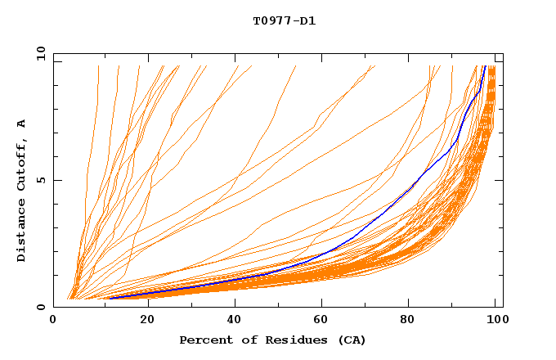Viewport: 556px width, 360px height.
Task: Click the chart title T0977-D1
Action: point(284,21)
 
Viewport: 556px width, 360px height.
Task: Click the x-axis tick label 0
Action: point(53,321)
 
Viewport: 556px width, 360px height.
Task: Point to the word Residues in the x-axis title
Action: point(287,340)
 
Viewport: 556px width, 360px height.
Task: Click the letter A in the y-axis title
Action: point(22,124)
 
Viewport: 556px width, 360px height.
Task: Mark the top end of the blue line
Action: point(485,66)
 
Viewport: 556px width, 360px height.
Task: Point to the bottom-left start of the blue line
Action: point(110,298)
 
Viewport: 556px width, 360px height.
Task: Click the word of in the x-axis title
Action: point(246,340)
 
